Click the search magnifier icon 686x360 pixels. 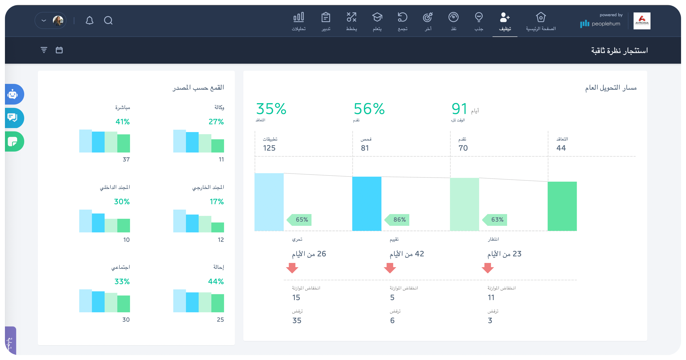108,20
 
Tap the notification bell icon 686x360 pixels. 90,20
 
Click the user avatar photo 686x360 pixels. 58,20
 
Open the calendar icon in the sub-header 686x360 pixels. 59,50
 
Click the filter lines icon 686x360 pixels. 44,50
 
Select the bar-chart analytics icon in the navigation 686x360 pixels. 299,17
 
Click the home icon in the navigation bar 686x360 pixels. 541,17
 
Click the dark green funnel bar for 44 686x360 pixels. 562,206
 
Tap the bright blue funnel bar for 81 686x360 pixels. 367,203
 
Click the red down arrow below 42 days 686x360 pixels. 390,268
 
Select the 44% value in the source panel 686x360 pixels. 216,282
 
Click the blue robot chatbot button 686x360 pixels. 13,94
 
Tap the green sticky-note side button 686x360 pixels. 13,141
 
